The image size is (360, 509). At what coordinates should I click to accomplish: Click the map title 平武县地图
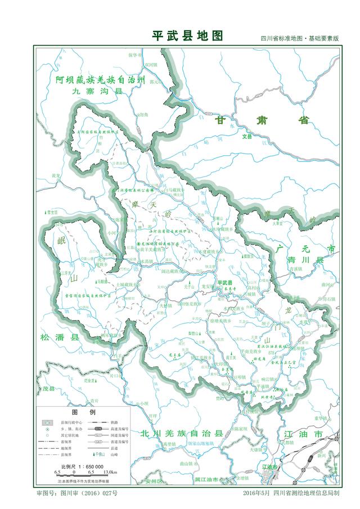[188, 36]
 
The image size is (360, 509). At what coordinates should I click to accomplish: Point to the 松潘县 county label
[60, 337]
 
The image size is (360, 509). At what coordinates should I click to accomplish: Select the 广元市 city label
[305, 248]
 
